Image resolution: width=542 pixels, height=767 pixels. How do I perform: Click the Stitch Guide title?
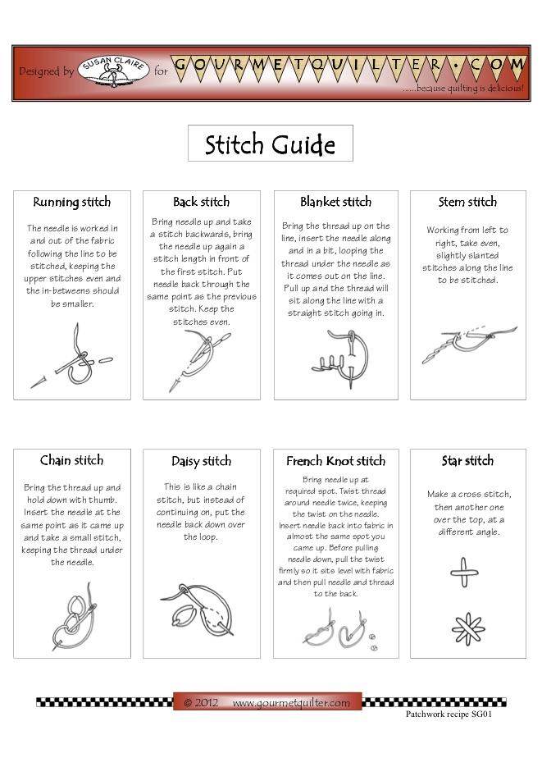tap(270, 144)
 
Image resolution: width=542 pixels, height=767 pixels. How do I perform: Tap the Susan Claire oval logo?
tap(113, 71)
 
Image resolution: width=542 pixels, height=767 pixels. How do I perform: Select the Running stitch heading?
tap(72, 202)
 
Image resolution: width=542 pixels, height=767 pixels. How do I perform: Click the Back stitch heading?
tap(202, 202)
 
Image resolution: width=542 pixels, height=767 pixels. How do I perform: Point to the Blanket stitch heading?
tap(335, 202)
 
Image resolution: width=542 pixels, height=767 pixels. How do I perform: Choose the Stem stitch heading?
tap(467, 202)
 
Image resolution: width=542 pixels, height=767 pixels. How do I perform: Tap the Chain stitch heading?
tap(72, 460)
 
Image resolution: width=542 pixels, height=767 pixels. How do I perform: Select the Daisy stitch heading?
tap(202, 461)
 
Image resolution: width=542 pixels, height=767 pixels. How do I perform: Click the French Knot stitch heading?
tap(335, 461)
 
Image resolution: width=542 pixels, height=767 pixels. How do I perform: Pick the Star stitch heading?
tap(467, 461)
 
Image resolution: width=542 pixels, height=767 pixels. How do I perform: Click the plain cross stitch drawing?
tap(464, 572)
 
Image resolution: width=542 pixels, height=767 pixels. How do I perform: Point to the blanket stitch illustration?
tap(339, 358)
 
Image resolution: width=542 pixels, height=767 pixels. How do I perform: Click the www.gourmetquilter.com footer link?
tap(291, 703)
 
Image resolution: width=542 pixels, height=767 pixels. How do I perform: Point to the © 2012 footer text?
tap(201, 703)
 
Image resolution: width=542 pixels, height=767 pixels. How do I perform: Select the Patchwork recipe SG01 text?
tap(449, 714)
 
